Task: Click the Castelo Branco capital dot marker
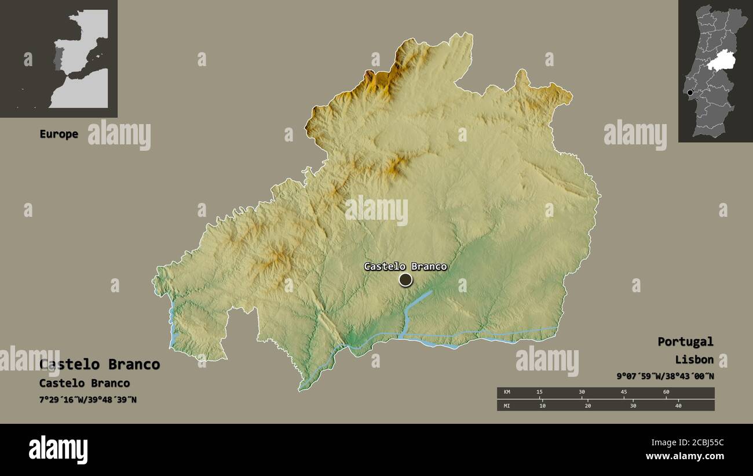click(405, 280)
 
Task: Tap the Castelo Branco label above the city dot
click(405, 267)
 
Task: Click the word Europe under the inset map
click(59, 134)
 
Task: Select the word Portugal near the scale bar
click(685, 341)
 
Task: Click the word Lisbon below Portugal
click(694, 359)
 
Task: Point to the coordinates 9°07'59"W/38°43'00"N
click(665, 376)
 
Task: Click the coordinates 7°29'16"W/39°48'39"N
click(88, 399)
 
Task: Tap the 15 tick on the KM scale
click(539, 393)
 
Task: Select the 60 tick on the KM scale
click(666, 393)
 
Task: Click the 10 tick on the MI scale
click(542, 406)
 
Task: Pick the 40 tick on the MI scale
click(678, 406)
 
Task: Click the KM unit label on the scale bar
click(507, 393)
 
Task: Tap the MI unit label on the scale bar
click(507, 406)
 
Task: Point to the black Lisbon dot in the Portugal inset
click(690, 93)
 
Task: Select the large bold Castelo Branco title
click(100, 365)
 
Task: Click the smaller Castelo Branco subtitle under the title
click(85, 383)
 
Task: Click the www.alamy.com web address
click(685, 456)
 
